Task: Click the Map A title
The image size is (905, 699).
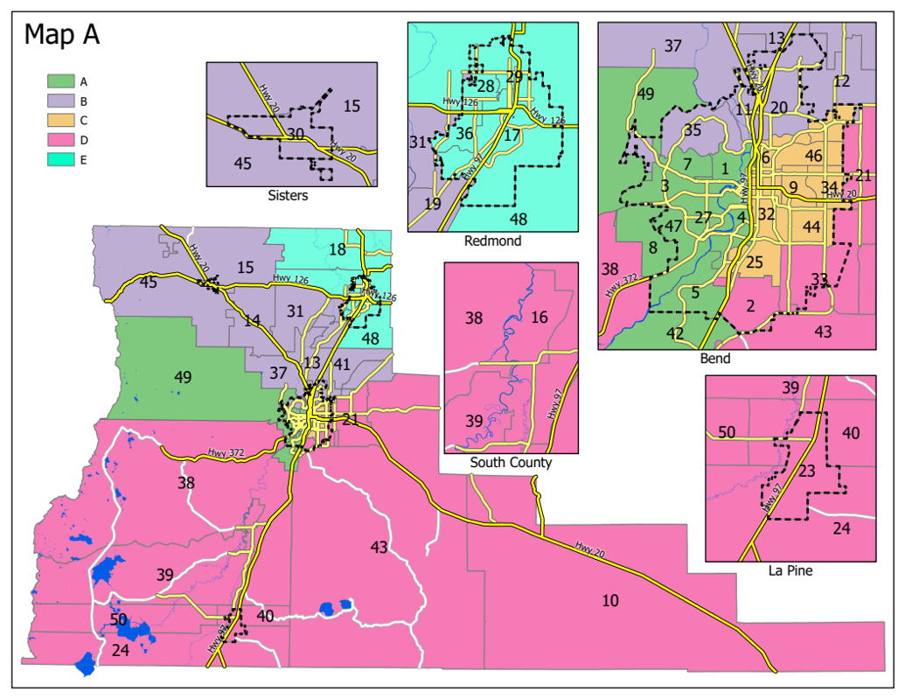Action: click(x=62, y=34)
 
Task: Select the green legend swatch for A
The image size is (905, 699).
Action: click(x=59, y=81)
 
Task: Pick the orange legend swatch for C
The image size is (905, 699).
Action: click(x=59, y=121)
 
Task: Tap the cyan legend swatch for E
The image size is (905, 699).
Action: click(x=59, y=159)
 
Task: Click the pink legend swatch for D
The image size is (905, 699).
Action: click(x=59, y=140)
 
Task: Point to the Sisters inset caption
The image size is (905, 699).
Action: click(x=288, y=196)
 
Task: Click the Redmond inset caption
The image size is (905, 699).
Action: click(x=492, y=241)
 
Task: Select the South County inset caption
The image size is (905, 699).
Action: click(x=511, y=462)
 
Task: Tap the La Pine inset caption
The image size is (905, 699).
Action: click(x=790, y=570)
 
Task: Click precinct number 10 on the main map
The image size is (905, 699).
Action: click(x=610, y=600)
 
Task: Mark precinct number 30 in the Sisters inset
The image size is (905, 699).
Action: click(x=296, y=134)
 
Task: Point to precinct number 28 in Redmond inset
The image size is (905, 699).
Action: click(x=485, y=85)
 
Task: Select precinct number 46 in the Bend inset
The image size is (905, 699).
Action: click(x=813, y=156)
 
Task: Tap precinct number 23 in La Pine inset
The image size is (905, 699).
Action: click(x=807, y=472)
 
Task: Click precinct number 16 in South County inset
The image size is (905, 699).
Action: click(x=540, y=317)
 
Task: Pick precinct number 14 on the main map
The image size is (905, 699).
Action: click(x=253, y=321)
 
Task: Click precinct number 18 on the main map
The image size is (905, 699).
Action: click(x=338, y=250)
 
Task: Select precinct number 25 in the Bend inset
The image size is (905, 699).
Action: click(x=755, y=262)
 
